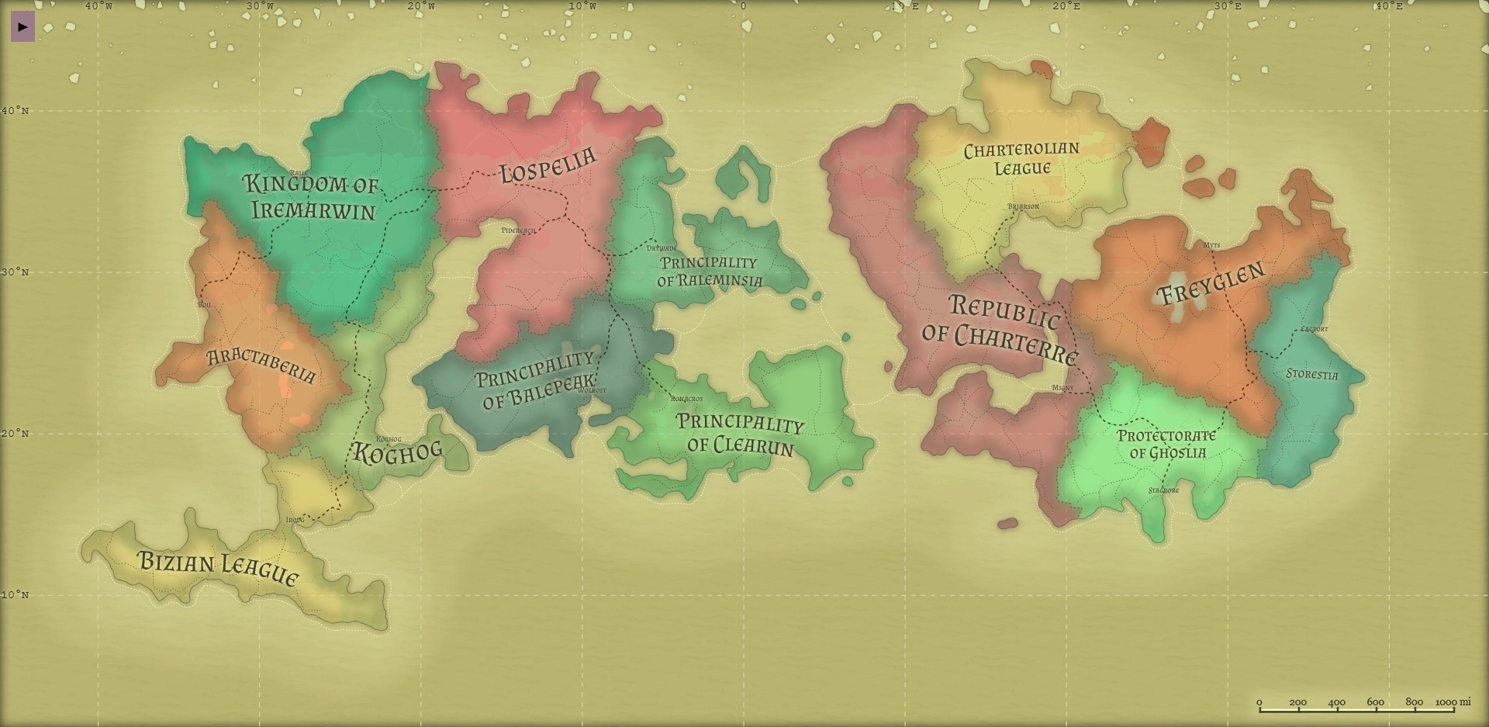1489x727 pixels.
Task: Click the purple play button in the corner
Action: (x=22, y=27)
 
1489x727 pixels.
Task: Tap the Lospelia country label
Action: (x=548, y=165)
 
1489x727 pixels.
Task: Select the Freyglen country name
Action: (x=1211, y=283)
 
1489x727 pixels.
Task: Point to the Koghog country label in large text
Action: (x=397, y=452)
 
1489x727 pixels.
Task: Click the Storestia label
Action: (x=1311, y=374)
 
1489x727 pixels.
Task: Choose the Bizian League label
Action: (x=218, y=568)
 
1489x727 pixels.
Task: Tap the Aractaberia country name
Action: (x=262, y=365)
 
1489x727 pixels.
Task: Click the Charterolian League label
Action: (x=1021, y=158)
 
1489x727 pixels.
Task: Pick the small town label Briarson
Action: (x=1023, y=206)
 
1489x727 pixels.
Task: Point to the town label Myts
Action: (x=1211, y=245)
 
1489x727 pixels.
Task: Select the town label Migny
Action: (x=1062, y=388)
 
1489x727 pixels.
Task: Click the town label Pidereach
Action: (x=518, y=230)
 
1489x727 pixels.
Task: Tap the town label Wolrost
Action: (x=592, y=390)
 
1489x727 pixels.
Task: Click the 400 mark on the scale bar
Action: (x=1336, y=702)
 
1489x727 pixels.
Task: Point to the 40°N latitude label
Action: (x=15, y=111)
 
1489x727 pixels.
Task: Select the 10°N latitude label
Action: (x=15, y=595)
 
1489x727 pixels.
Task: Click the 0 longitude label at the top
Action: (x=743, y=6)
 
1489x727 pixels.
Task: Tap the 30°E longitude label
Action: (x=1228, y=6)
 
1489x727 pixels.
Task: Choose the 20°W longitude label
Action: (x=421, y=6)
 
